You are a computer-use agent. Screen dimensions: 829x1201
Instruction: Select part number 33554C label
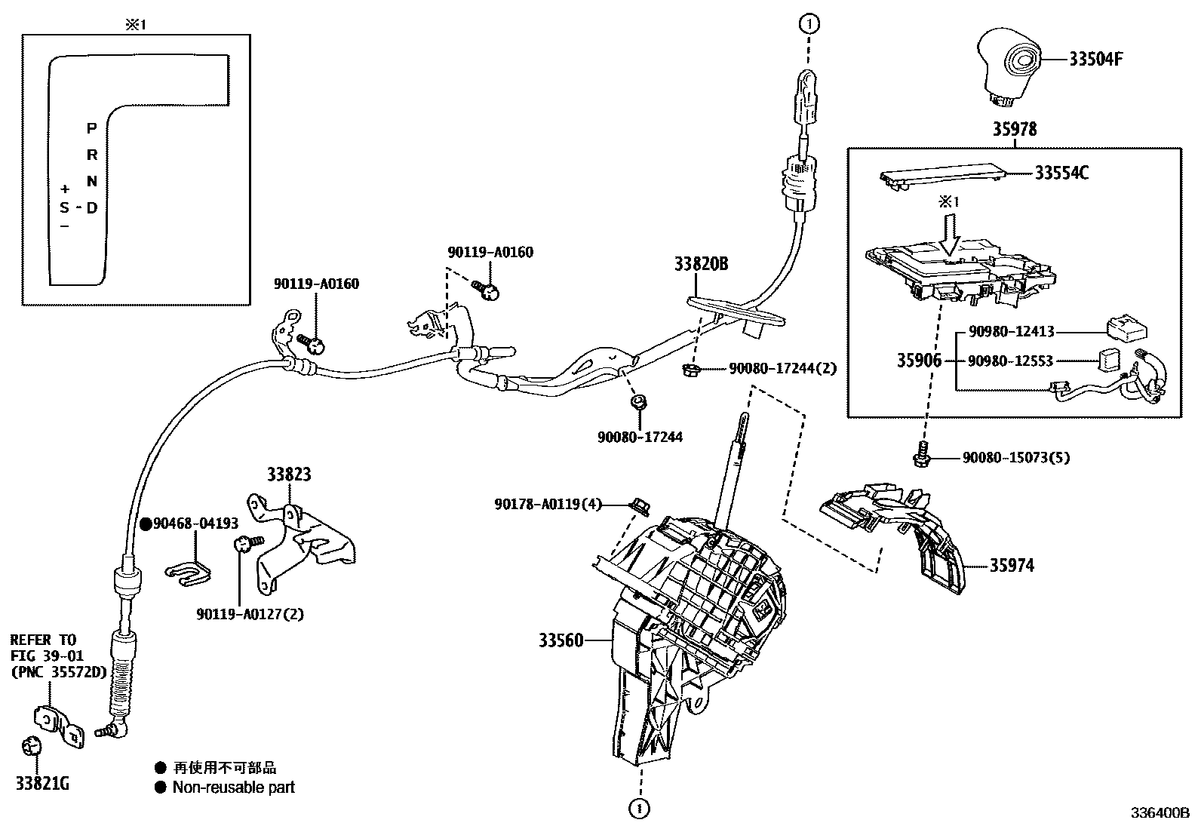pyautogui.click(x=1061, y=173)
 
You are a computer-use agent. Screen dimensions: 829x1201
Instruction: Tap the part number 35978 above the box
pyautogui.click(x=1014, y=130)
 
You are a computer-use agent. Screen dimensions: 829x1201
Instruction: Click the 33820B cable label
pyautogui.click(x=701, y=264)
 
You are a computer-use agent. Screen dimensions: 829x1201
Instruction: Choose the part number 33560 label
pyautogui.click(x=561, y=641)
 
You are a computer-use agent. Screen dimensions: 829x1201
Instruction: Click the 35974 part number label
pyautogui.click(x=1012, y=565)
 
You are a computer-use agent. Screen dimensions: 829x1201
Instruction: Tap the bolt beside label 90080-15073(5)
pyautogui.click(x=921, y=455)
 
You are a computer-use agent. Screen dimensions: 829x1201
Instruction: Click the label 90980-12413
pyautogui.click(x=1012, y=331)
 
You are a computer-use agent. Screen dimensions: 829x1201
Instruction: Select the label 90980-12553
pyautogui.click(x=1012, y=361)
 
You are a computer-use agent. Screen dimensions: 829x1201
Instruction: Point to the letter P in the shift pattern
pyautogui.click(x=91, y=129)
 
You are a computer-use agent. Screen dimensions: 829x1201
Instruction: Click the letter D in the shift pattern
pyautogui.click(x=91, y=207)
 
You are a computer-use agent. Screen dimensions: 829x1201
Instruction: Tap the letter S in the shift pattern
pyautogui.click(x=65, y=207)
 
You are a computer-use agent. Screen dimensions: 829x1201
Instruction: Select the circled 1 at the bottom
pyautogui.click(x=640, y=809)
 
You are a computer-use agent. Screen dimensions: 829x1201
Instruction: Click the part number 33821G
pyautogui.click(x=42, y=784)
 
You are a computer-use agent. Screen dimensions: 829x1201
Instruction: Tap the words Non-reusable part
pyautogui.click(x=233, y=788)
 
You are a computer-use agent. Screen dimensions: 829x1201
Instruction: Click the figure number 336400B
pyautogui.click(x=1159, y=813)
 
